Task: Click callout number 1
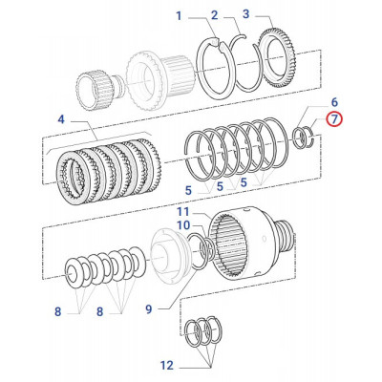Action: tap(178, 16)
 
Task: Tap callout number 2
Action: tap(214, 16)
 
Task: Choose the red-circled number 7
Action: tap(334, 119)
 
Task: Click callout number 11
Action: tap(181, 210)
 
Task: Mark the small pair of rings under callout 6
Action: tap(306, 137)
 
